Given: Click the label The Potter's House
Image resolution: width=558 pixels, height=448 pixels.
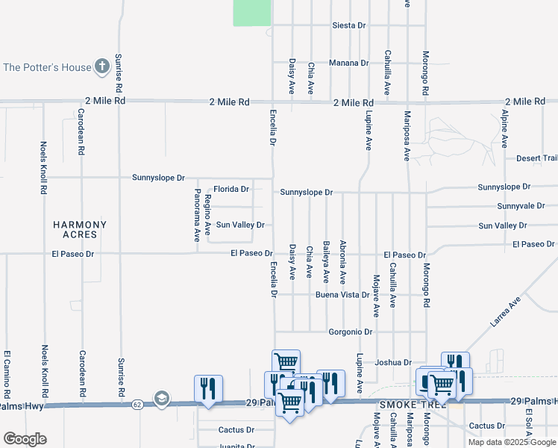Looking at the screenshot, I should (47, 67).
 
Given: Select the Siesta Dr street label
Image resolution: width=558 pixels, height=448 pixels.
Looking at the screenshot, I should (348, 25).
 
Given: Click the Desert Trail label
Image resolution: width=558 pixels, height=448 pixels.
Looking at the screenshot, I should (536, 158).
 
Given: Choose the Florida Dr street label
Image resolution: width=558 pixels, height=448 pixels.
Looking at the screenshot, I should (231, 189).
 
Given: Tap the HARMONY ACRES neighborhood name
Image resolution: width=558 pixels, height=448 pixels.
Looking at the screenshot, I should (80, 229).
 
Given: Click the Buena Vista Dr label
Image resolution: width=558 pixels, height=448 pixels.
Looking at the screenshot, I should (342, 295).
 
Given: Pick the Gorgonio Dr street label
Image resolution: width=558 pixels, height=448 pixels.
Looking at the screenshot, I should (350, 332).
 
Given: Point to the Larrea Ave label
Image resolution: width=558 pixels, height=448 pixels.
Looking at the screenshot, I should (505, 312).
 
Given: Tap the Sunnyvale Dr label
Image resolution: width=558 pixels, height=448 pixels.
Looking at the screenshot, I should (521, 206).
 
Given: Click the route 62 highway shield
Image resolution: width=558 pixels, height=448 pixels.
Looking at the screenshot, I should (137, 404).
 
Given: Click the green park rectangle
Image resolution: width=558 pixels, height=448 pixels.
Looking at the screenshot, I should (252, 13).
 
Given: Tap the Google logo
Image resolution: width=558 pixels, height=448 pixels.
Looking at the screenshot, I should (25, 439).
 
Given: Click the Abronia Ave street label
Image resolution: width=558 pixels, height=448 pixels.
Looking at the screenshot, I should (343, 262).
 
